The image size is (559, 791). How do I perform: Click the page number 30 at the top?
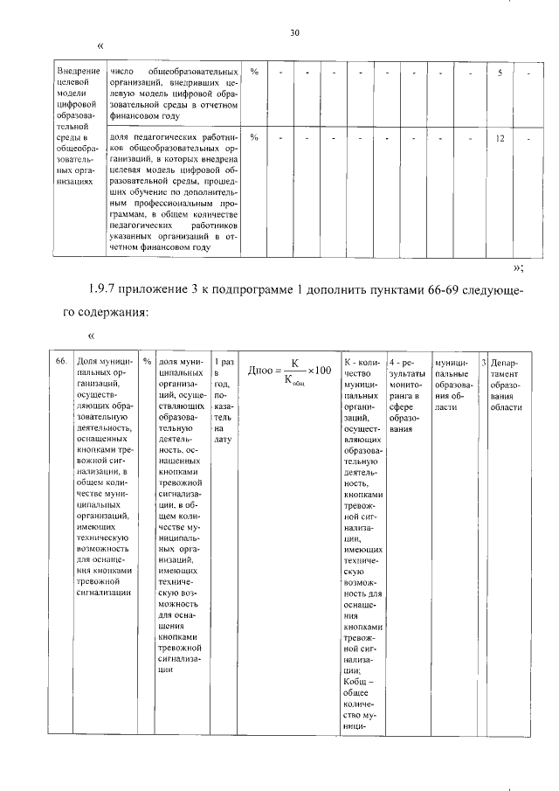coord(294,32)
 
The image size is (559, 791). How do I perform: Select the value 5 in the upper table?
coord(500,73)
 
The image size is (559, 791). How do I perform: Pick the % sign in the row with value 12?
coord(254,138)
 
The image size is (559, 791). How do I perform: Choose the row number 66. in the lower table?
coord(61,361)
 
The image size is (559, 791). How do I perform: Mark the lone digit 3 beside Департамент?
coord(484,361)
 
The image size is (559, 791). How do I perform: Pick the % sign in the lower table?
coord(147,361)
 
